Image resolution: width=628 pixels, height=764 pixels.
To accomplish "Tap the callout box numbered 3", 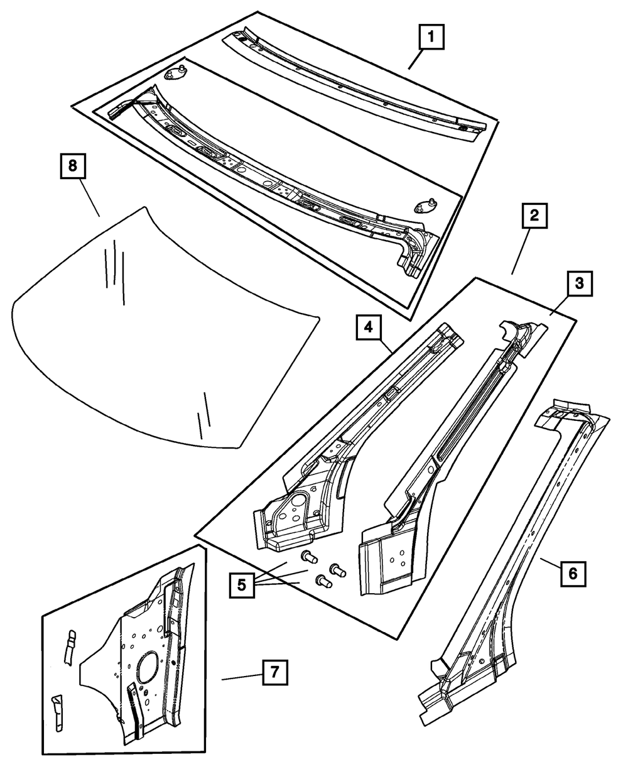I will [x=580, y=283].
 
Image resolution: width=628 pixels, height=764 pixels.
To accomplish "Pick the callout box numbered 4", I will [x=369, y=328].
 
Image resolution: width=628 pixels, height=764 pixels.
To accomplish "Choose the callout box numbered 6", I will [x=573, y=573].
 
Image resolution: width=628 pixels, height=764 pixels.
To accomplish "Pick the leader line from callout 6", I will [x=549, y=563].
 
